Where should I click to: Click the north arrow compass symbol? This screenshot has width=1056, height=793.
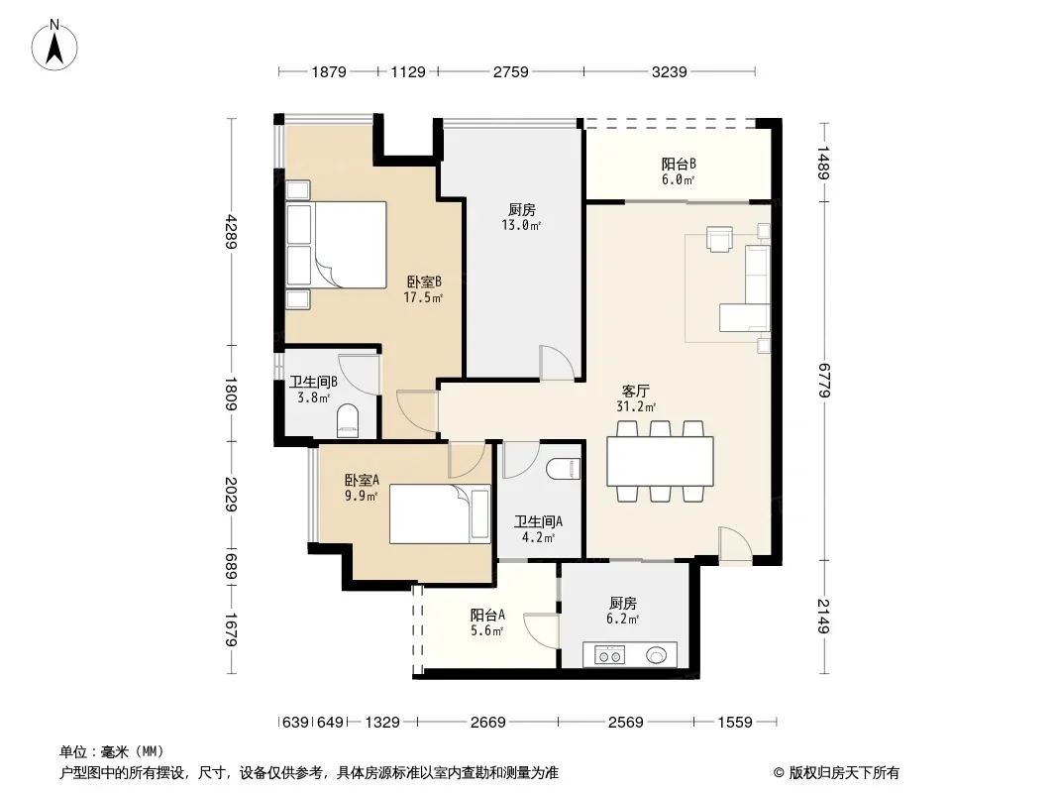click(54, 46)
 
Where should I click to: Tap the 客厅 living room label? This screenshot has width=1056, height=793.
click(635, 391)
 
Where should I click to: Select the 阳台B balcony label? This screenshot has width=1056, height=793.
click(679, 164)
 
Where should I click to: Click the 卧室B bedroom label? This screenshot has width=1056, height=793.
click(424, 282)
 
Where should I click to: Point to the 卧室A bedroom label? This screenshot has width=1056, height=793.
click(362, 481)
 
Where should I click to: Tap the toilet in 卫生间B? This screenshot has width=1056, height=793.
click(348, 421)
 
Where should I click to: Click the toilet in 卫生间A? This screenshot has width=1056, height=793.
click(563, 469)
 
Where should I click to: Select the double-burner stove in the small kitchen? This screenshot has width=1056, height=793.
click(609, 655)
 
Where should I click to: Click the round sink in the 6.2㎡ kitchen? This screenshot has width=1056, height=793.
click(657, 654)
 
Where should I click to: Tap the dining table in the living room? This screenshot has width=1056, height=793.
click(660, 462)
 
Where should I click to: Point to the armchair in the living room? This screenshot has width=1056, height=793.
click(719, 239)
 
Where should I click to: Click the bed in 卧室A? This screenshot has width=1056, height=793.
click(440, 514)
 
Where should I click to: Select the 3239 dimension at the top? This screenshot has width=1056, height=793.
click(669, 71)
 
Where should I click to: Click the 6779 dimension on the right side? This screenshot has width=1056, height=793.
click(823, 380)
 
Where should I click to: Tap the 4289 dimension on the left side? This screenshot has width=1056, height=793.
click(231, 231)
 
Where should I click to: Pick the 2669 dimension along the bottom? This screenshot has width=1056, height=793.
click(487, 723)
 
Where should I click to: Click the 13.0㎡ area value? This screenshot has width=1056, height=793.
click(521, 226)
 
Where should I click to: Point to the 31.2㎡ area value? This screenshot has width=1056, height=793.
click(636, 406)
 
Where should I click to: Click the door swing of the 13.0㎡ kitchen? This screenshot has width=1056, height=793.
click(557, 363)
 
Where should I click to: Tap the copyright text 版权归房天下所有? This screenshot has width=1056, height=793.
click(844, 773)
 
